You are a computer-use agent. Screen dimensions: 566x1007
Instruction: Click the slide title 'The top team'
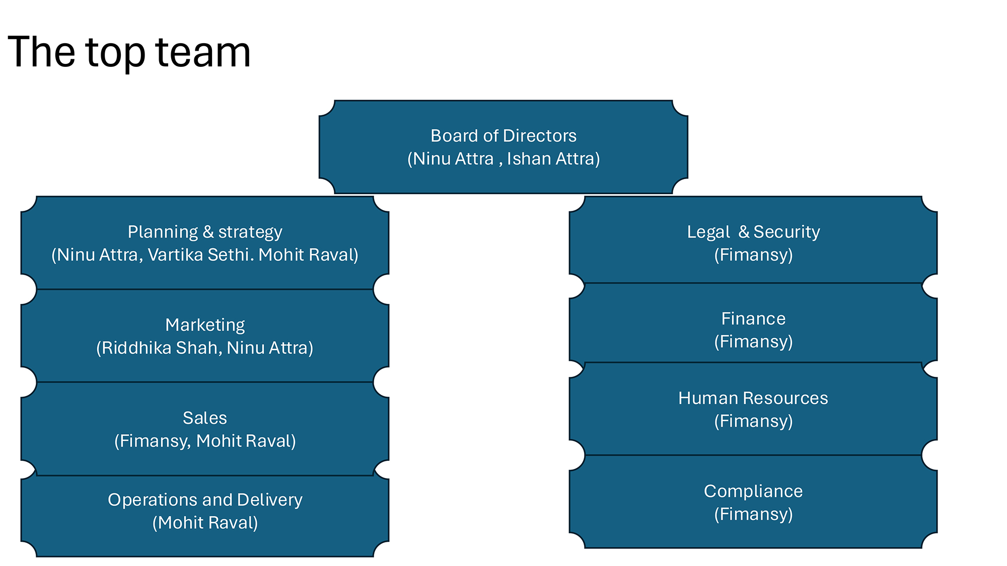pos(129,52)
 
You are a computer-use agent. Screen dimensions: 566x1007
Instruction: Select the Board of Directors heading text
pos(503,136)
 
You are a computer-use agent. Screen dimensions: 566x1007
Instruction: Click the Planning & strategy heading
pos(204,232)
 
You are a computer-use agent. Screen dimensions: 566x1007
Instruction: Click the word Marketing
pos(204,325)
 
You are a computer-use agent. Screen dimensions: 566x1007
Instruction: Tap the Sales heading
pos(204,418)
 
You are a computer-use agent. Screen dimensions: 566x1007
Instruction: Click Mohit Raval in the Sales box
pos(245,441)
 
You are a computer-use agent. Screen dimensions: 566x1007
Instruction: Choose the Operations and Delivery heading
pos(204,500)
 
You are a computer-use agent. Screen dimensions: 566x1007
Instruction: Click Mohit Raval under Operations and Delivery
pos(205,523)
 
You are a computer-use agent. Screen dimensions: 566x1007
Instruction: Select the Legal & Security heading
pos(753,232)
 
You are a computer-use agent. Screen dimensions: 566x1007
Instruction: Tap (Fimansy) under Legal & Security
pos(753,255)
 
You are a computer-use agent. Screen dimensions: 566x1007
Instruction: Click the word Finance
pos(753,319)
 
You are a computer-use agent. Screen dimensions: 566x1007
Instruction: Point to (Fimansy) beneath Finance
pos(753,342)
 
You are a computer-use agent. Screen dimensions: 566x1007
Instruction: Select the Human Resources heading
pos(753,398)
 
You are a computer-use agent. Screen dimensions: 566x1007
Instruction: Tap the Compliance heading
pos(753,492)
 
